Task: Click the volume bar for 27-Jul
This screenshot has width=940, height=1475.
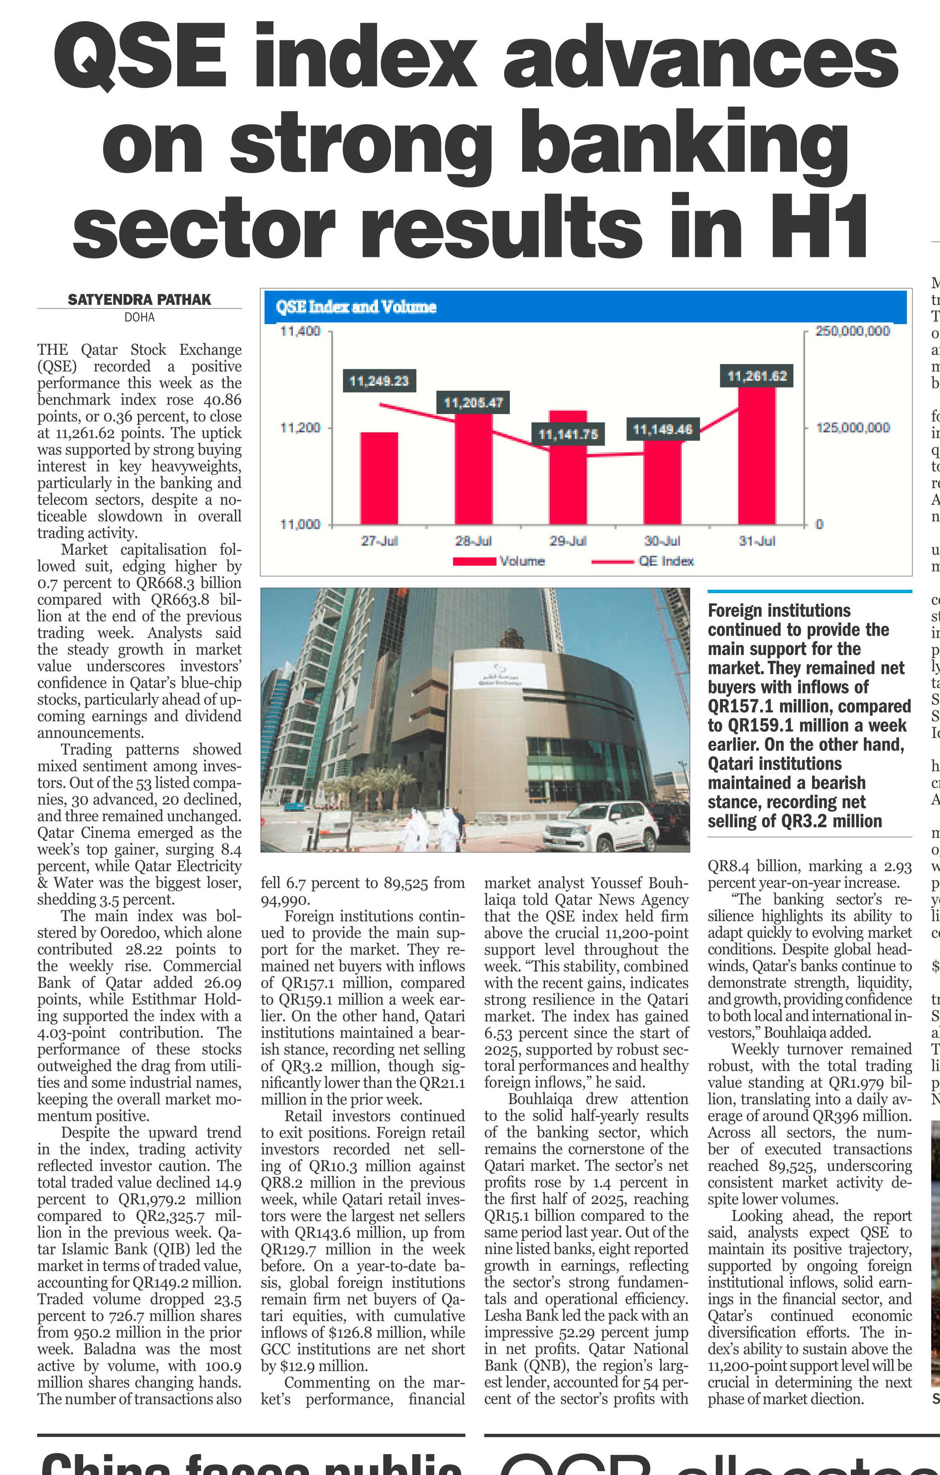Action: coord(379,478)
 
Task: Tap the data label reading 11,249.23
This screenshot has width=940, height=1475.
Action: coord(379,381)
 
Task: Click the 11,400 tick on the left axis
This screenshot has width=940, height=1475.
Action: coord(300,331)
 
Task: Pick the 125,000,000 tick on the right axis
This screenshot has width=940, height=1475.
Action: coord(852,428)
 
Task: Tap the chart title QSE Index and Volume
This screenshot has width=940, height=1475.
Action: coord(356,307)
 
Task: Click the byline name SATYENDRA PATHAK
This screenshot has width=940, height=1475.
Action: coord(139,300)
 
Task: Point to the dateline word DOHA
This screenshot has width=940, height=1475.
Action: coord(139,317)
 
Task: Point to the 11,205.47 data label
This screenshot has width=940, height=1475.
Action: coord(473,402)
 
